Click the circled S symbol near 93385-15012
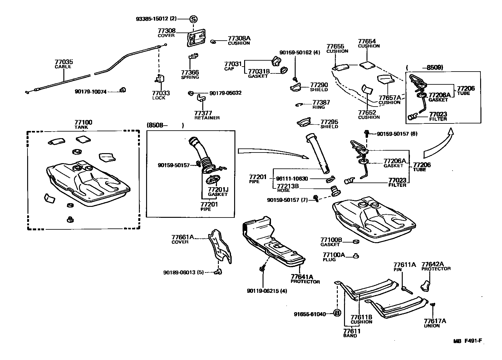tap(193, 19)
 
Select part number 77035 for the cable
tap(64, 62)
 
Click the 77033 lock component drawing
tap(160, 79)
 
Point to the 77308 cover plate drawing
tap(196, 39)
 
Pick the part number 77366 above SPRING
tap(190, 72)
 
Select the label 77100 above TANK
tap(83, 122)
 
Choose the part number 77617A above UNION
tap(435, 321)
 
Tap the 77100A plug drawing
tap(356, 256)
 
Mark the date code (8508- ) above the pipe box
tap(165, 125)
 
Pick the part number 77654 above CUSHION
tap(367, 41)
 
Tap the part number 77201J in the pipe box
tap(218, 190)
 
